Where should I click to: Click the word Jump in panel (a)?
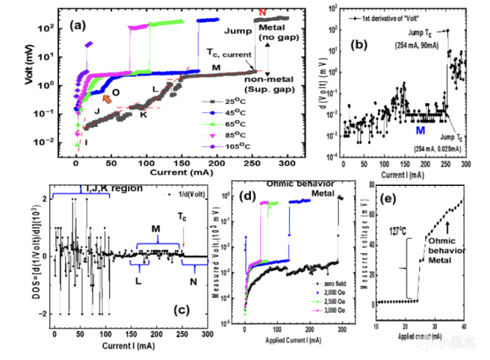[235, 33]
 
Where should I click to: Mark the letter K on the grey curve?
[142, 116]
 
